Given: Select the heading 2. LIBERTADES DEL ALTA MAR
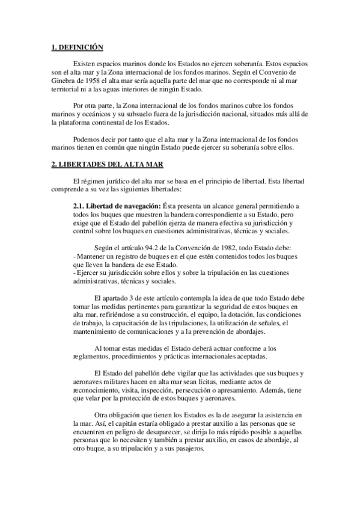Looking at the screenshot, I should click(105, 164).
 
